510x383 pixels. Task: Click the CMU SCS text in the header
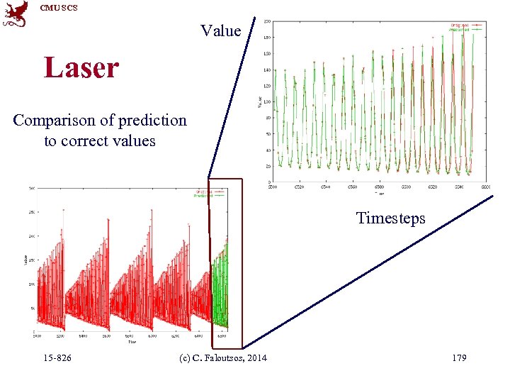58,8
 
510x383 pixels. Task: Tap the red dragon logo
16,14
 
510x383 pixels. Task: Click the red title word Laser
81,68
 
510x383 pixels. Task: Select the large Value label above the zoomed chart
220,30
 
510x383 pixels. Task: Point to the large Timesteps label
390,218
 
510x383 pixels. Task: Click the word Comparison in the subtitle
54,120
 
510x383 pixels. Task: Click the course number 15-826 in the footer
56,357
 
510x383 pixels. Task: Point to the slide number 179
458,357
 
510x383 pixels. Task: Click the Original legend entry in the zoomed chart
464,24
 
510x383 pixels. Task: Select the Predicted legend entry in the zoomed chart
464,30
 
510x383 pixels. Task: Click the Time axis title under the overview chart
132,341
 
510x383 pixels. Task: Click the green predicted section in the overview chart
220,284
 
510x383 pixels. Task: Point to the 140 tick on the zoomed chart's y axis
266,70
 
